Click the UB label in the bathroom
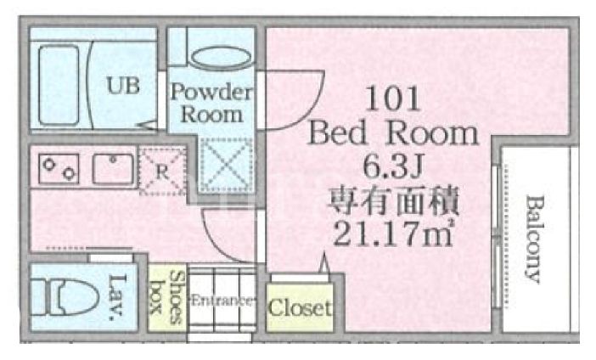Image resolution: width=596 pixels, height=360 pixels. tap(123, 85)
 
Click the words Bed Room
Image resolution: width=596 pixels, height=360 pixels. tap(392, 133)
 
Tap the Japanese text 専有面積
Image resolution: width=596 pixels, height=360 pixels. tap(391, 201)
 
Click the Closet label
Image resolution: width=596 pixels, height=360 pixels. tap(300, 307)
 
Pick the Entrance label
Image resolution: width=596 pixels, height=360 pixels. tap(221, 301)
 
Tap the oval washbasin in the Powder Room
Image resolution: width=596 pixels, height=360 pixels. tap(219, 58)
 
